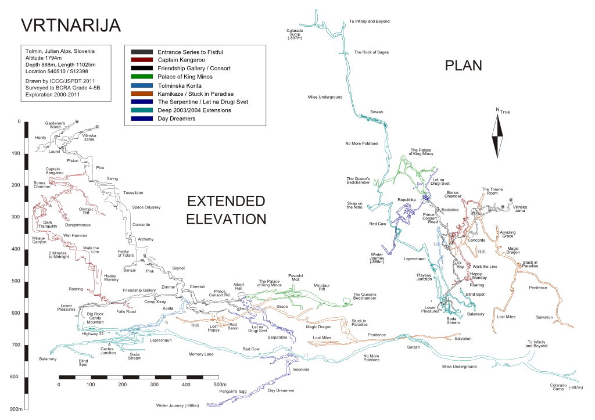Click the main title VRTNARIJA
70,26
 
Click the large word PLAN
463,66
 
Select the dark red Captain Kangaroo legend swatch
142,60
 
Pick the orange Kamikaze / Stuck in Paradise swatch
142,94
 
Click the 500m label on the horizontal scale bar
219,385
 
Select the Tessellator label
133,192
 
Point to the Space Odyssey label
146,207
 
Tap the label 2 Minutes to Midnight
59,255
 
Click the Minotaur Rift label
322,287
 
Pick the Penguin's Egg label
232,392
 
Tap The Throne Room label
492,191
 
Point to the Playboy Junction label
425,277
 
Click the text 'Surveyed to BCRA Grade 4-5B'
63,87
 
